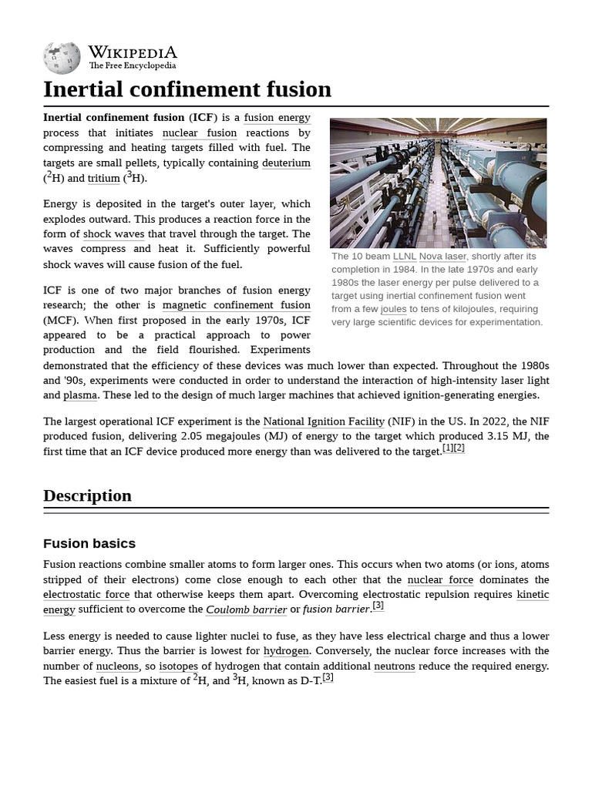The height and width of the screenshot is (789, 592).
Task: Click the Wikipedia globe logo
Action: (x=62, y=58)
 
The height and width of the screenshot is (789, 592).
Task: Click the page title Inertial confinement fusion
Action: (x=187, y=89)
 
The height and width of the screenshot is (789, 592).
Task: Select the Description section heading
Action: (x=87, y=495)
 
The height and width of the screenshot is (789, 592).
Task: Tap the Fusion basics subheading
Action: (x=89, y=543)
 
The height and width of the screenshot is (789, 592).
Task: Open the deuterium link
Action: (x=286, y=163)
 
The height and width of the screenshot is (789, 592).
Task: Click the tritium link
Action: (x=103, y=178)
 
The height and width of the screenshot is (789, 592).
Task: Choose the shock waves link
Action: (x=113, y=234)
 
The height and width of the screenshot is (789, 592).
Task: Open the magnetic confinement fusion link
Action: (x=236, y=304)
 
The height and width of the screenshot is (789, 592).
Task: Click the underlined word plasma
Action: (x=80, y=395)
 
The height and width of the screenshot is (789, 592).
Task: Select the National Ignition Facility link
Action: (x=324, y=421)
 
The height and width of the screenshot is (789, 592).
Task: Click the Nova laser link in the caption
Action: (x=442, y=256)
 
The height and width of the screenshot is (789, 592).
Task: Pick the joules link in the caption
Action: (x=393, y=309)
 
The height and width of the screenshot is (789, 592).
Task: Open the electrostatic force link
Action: (x=86, y=595)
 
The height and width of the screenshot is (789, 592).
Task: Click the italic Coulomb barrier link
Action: (x=246, y=609)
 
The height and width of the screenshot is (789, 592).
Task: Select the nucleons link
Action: (x=118, y=666)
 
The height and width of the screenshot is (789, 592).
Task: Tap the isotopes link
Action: (x=178, y=666)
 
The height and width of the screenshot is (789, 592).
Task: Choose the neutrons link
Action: (x=394, y=666)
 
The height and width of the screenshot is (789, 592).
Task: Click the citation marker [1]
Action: (x=448, y=448)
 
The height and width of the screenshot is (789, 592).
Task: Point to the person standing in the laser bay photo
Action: (x=434, y=219)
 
